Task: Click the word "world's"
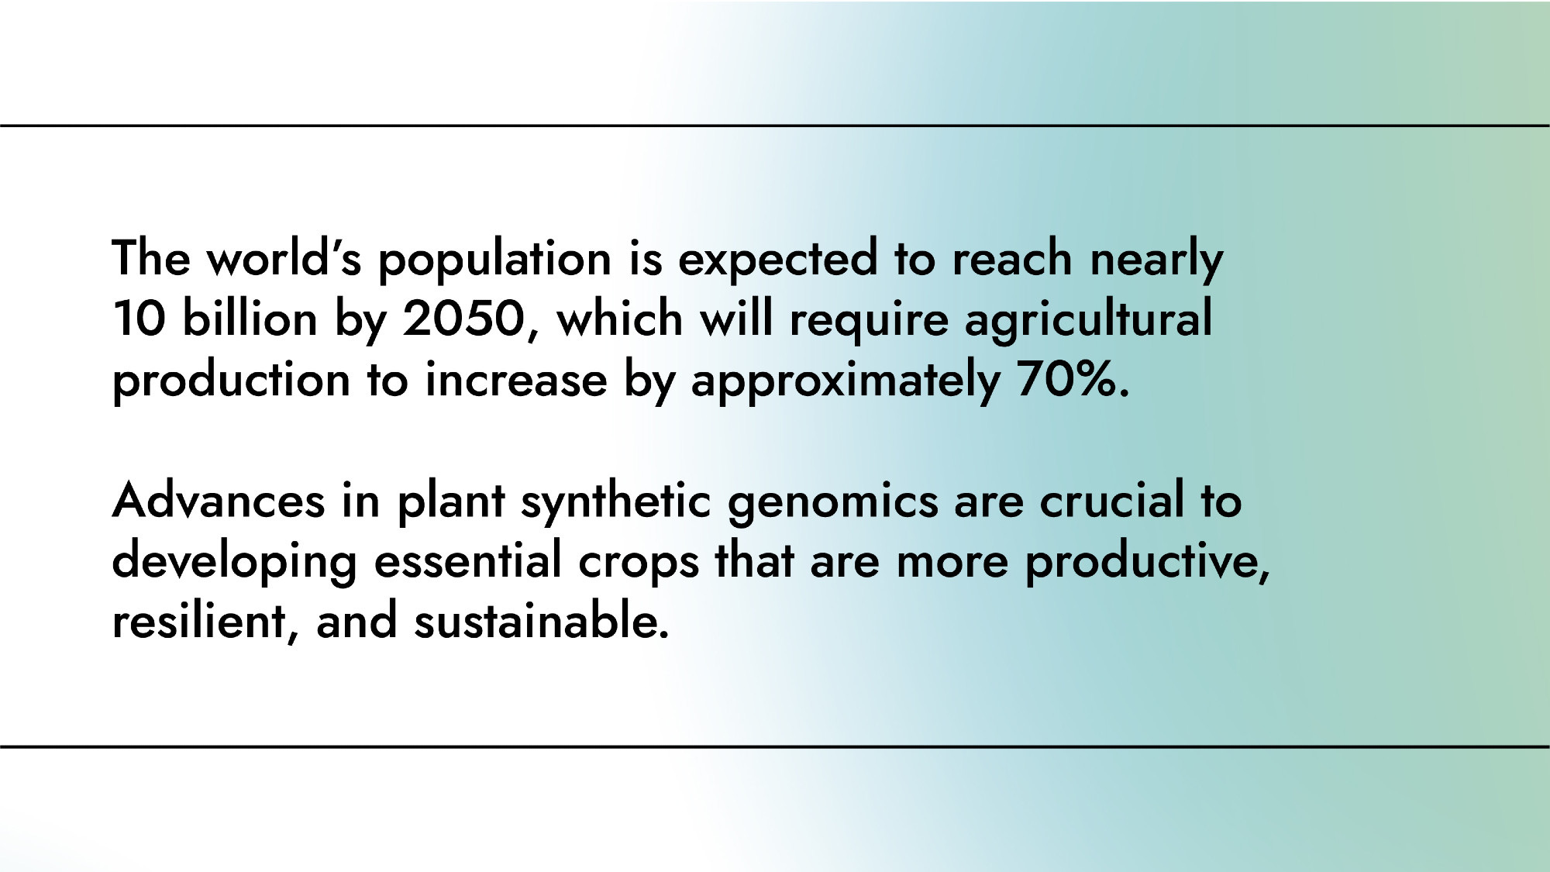click(284, 257)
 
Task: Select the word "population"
click(494, 260)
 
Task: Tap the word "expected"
click(778, 260)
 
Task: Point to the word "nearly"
click(1156, 260)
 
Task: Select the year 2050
click(464, 319)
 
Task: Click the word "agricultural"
click(1088, 321)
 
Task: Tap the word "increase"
click(516, 380)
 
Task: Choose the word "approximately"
click(845, 382)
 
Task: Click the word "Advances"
click(219, 500)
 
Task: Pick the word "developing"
click(235, 563)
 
